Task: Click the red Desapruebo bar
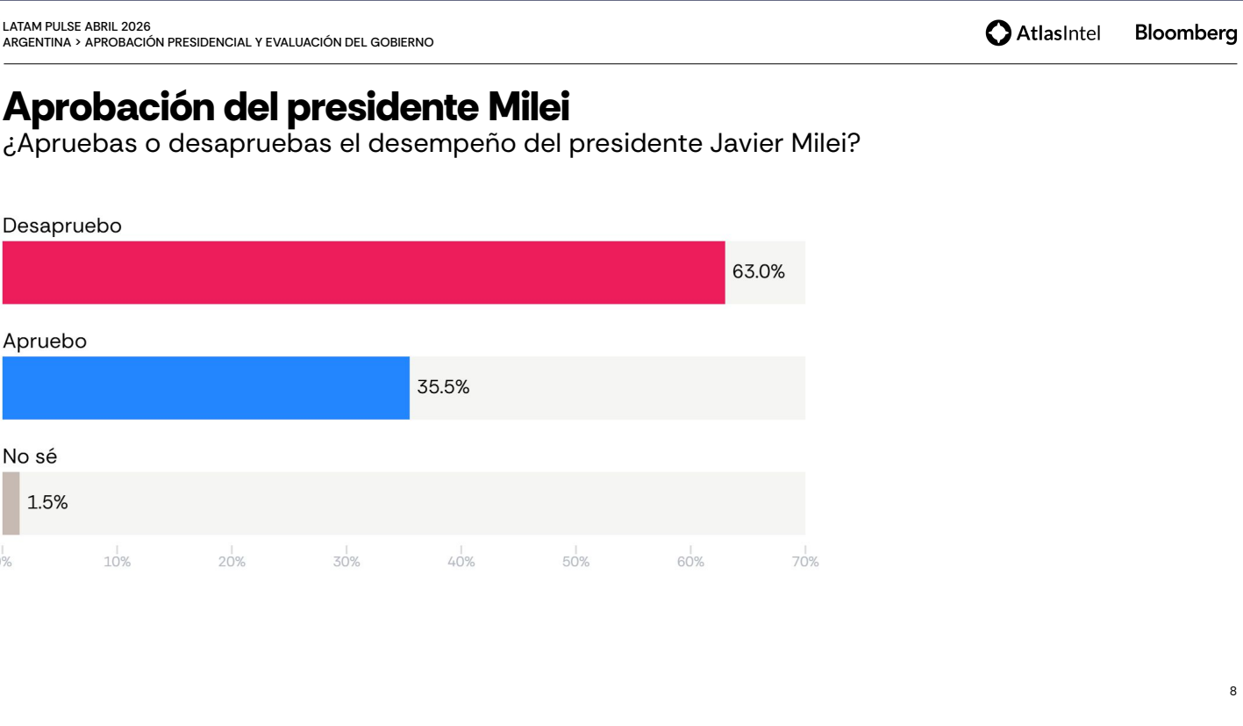click(363, 272)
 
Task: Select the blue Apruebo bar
click(205, 387)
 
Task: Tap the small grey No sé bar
click(11, 503)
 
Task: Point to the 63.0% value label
click(758, 272)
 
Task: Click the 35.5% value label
click(443, 387)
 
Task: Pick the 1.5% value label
click(47, 503)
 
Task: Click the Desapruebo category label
click(62, 226)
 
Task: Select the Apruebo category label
click(45, 341)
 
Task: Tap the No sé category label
click(30, 456)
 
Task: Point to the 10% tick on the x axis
click(117, 562)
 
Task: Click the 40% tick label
click(461, 562)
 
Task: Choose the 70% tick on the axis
click(804, 562)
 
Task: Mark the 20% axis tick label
click(232, 562)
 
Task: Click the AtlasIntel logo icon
click(998, 33)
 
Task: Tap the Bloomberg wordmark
click(1186, 33)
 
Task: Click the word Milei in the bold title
click(528, 107)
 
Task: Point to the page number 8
click(1232, 691)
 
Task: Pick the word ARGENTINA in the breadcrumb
click(37, 42)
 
